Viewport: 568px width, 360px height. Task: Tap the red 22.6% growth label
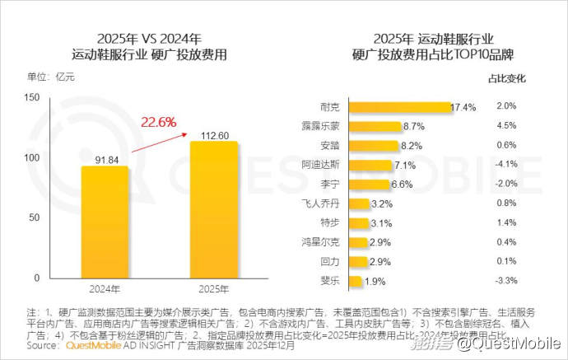(159, 123)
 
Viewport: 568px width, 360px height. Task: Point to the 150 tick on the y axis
(33, 97)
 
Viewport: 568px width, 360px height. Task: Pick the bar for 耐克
(399, 107)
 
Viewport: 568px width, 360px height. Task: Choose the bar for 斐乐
(356, 282)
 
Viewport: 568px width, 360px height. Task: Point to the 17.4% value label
(463, 107)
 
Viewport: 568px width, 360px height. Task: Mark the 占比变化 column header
(505, 79)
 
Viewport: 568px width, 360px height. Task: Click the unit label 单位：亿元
(52, 77)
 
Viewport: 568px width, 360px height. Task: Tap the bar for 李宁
(368, 184)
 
